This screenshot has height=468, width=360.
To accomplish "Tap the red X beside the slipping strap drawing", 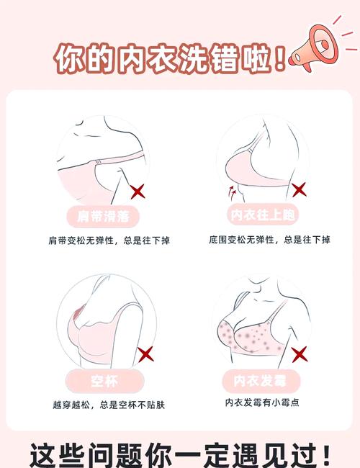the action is click(x=138, y=192).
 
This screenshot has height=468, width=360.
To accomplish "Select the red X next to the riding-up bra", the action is click(x=299, y=190).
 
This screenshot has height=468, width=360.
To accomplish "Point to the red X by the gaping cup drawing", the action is click(x=145, y=354).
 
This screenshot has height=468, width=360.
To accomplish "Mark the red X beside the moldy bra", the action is click(x=300, y=354).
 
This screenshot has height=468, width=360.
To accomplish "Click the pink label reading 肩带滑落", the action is click(x=103, y=216).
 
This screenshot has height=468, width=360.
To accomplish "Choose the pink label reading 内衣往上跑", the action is click(x=263, y=215).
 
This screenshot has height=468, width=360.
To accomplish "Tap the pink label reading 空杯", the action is click(x=104, y=381).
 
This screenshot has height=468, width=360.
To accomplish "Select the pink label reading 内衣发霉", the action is click(x=261, y=381).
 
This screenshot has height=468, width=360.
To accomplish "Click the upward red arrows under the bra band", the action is click(x=232, y=193).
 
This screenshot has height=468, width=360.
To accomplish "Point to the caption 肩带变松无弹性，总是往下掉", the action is click(x=109, y=240).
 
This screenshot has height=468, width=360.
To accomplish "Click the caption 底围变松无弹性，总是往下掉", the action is click(x=269, y=240).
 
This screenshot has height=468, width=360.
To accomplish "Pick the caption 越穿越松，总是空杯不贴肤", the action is click(x=109, y=405).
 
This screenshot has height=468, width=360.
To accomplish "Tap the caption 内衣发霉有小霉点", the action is click(x=262, y=402).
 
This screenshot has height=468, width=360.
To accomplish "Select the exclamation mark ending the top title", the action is click(x=279, y=59).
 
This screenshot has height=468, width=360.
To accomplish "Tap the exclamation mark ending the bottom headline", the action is click(x=326, y=456).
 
